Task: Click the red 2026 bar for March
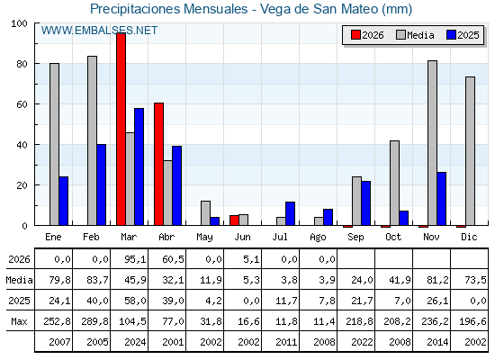coord(121,129)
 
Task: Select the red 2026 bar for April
coord(158,164)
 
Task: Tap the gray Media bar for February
coord(92,140)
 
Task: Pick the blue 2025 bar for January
coord(64,201)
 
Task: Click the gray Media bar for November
coord(432,143)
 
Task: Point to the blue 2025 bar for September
coord(365,203)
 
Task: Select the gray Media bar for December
coord(470,151)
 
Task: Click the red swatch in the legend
coord(355,35)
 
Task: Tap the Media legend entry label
coord(420,35)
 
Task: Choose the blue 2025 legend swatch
coord(452,35)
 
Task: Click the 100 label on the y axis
coord(19,23)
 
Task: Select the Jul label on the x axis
coord(280,237)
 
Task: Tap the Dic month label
coord(469,237)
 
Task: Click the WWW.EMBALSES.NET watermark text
coord(99,31)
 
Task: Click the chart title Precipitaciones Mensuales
coord(169,9)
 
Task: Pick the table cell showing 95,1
coord(135,259)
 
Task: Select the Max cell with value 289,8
coord(94,321)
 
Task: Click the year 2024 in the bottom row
coord(135,342)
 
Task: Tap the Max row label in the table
coord(19,321)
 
